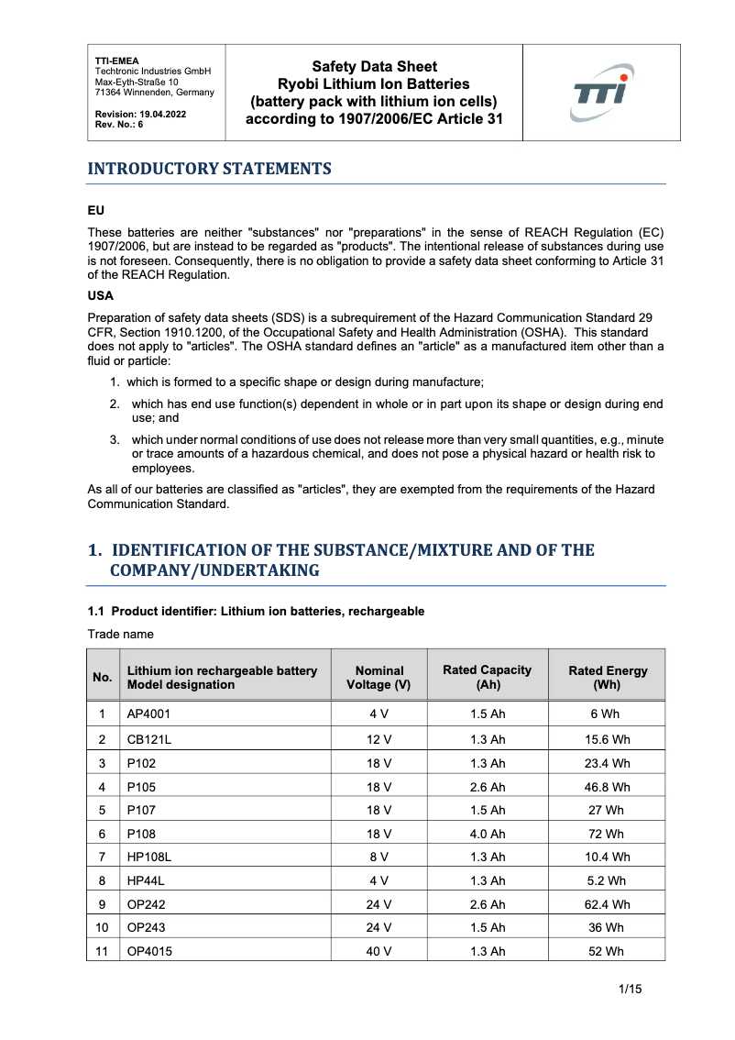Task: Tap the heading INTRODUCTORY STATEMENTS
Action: [209, 169]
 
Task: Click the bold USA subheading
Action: [101, 297]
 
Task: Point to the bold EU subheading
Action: [95, 210]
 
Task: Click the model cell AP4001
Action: [148, 715]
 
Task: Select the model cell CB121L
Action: [148, 739]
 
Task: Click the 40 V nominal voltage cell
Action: [379, 951]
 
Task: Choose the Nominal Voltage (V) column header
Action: [379, 678]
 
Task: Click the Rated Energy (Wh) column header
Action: [607, 678]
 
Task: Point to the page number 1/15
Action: [631, 989]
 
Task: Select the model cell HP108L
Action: [150, 857]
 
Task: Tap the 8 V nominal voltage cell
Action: [379, 857]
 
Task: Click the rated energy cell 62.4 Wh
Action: [607, 904]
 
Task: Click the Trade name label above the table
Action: [120, 634]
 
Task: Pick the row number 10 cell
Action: [103, 927]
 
